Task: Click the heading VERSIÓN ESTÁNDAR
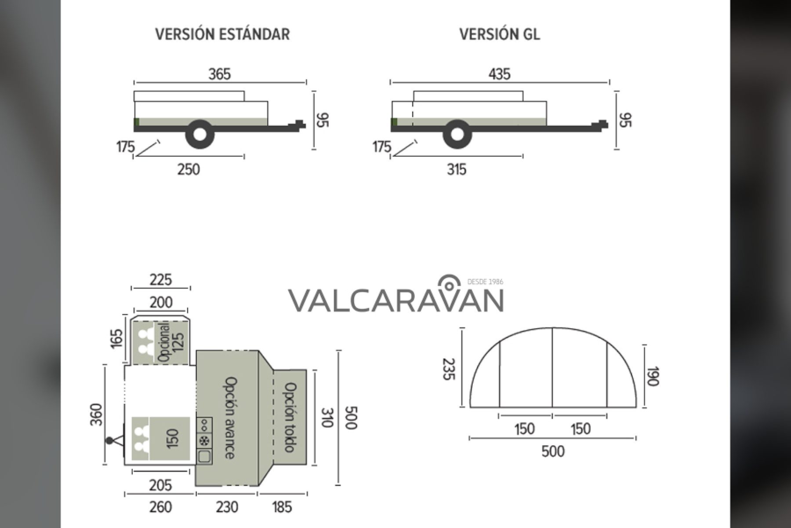[x=223, y=34]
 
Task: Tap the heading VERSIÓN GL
[x=500, y=34]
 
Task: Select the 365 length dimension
[x=219, y=74]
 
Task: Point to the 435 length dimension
[x=500, y=74]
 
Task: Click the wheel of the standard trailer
[x=200, y=134]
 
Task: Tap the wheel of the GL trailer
[x=458, y=134]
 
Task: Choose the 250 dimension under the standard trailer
[x=189, y=169]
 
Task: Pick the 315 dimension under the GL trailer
[x=457, y=169]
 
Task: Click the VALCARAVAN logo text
[x=396, y=301]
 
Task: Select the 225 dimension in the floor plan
[x=161, y=280]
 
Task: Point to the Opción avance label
[x=230, y=418]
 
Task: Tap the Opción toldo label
[x=290, y=418]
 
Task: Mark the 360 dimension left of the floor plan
[x=96, y=414]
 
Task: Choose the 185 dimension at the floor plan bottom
[x=282, y=507]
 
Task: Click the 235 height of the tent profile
[x=447, y=369]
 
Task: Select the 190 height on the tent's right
[x=653, y=376]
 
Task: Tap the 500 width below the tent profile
[x=553, y=451]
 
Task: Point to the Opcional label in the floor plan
[x=164, y=342]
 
